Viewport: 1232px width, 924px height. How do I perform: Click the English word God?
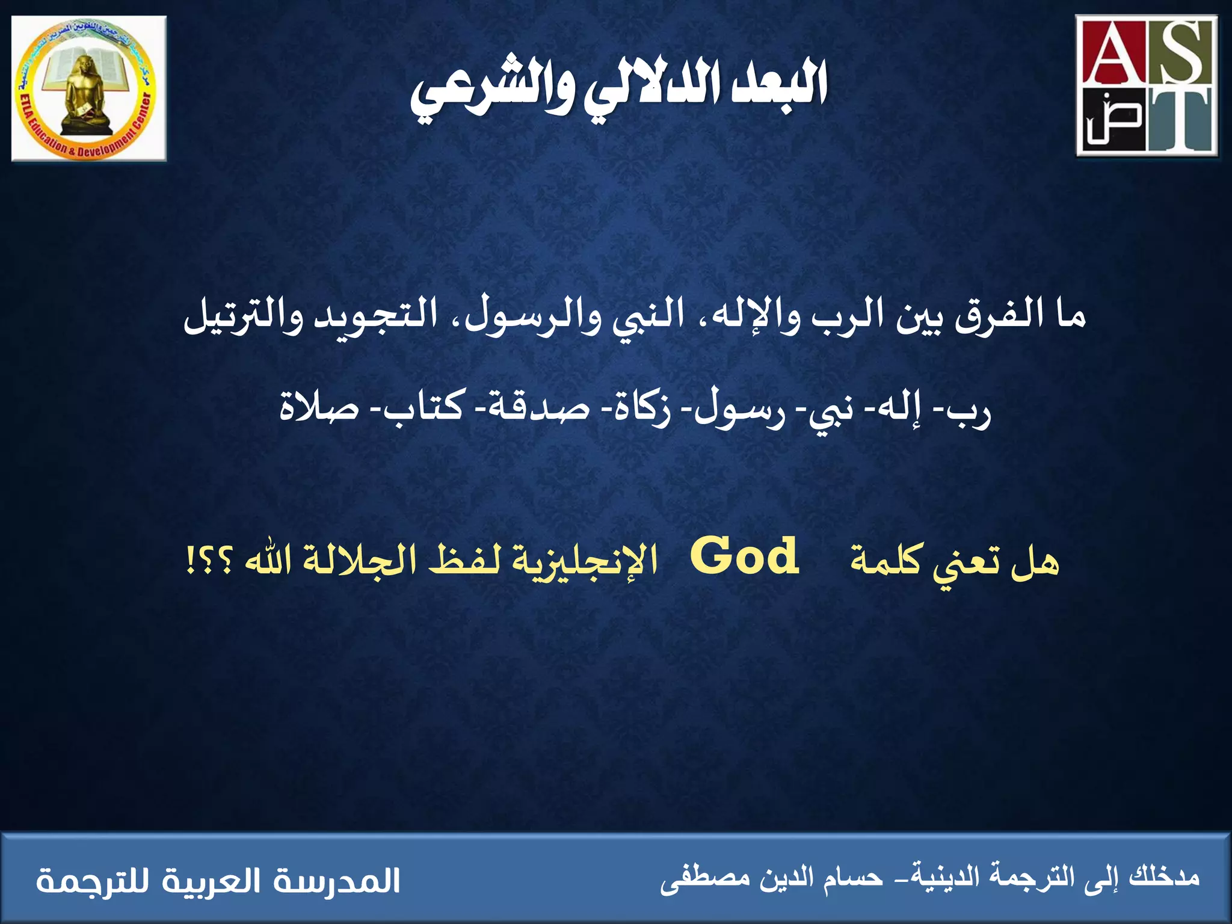pyautogui.click(x=745, y=556)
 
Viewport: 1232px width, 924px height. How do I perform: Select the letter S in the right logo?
pyautogui.click(x=1182, y=57)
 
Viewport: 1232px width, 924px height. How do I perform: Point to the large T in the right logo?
pyautogui.click(x=1180, y=120)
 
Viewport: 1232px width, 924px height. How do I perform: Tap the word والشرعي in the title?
pyautogui.click(x=493, y=93)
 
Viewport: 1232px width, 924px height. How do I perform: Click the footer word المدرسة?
pyautogui.click(x=337, y=881)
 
